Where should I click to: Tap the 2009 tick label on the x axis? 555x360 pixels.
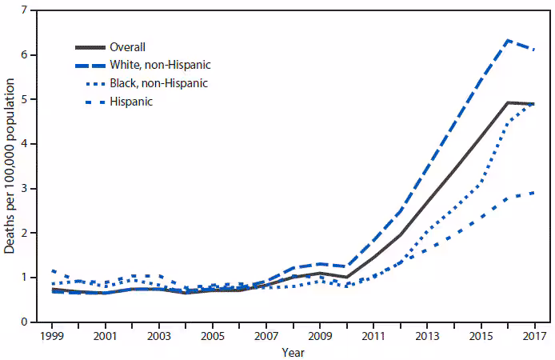tap(321, 336)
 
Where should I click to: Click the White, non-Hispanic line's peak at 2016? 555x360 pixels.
tap(508, 40)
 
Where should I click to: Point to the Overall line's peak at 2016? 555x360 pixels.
tap(508, 102)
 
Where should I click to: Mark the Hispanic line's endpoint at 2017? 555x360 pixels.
tap(535, 193)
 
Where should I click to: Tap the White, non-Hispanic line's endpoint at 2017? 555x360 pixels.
tap(535, 50)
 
